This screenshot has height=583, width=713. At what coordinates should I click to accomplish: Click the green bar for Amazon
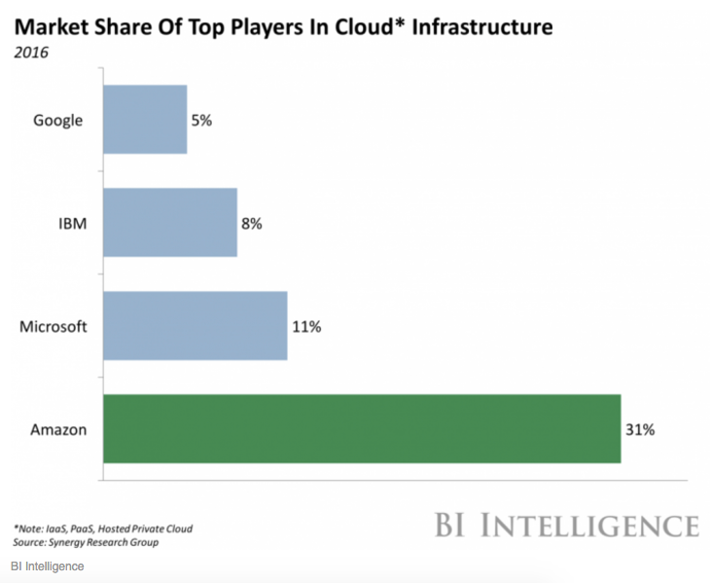362,428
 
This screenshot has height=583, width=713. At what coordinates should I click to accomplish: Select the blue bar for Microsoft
196,325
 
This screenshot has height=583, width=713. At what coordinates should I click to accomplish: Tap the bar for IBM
170,223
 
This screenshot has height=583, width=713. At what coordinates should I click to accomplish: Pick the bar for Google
145,120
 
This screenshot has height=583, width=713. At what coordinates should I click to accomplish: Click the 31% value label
639,429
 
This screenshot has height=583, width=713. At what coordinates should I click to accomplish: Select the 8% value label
252,223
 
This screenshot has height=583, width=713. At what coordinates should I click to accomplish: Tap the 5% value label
201,121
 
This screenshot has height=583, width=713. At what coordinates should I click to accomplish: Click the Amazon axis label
59,429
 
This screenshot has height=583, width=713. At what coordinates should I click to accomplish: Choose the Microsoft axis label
53,326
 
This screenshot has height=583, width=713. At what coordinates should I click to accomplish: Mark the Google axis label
57,121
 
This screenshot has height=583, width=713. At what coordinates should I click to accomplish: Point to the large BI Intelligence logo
566,526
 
